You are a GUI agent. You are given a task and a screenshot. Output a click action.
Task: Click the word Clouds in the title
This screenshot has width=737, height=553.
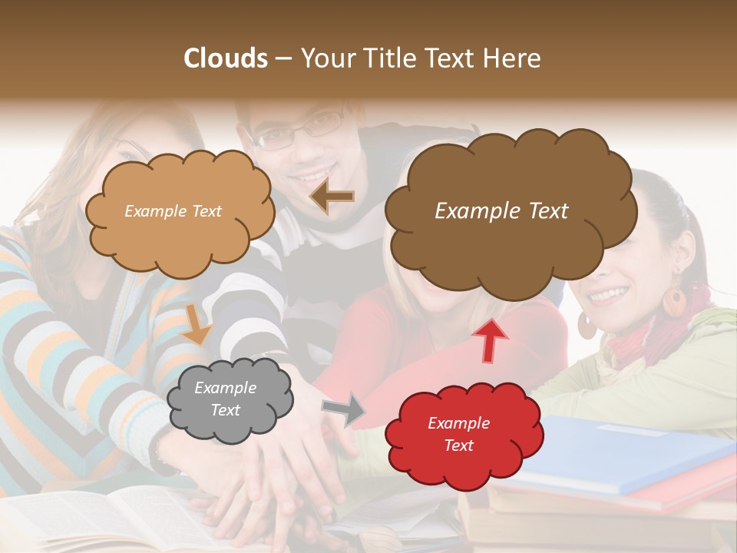click(226, 58)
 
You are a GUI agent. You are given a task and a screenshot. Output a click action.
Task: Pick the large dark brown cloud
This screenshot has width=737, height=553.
click(511, 246)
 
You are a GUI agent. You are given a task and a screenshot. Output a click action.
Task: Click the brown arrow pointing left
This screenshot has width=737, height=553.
click(332, 197)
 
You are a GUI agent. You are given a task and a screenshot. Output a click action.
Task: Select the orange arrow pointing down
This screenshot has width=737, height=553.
click(197, 323)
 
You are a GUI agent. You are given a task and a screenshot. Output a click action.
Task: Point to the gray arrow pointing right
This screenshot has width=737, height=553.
click(345, 409)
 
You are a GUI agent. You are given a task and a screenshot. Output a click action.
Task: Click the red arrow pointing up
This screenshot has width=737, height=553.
click(489, 339)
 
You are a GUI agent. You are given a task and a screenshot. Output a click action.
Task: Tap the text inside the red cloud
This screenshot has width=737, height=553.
click(458, 434)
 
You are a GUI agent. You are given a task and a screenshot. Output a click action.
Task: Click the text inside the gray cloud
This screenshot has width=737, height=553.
click(225, 399)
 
